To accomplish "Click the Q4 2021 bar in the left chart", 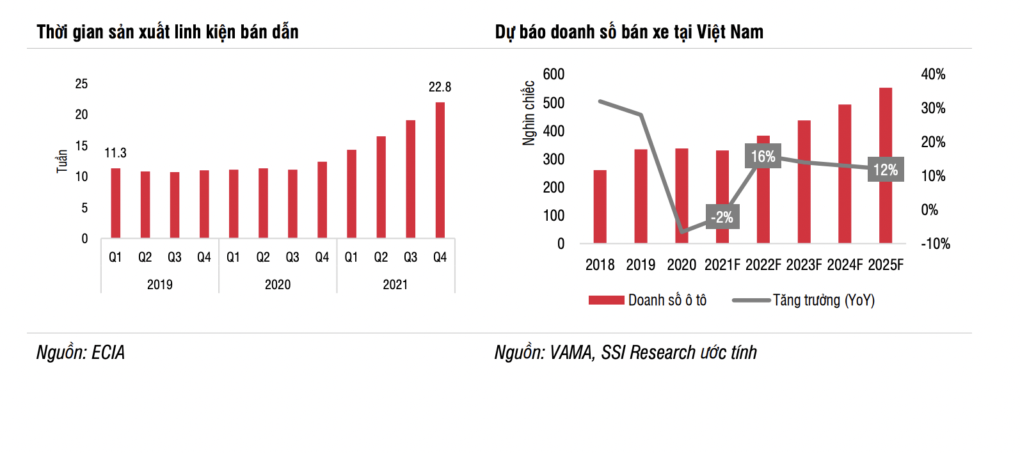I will click(x=440, y=170).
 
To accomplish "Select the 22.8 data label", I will click(x=440, y=87).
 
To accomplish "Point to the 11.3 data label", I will click(x=115, y=153).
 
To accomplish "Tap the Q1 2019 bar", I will click(x=115, y=203).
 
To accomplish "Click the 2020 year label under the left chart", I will click(x=278, y=285).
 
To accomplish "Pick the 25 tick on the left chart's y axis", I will click(x=81, y=84).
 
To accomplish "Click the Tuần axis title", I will click(x=62, y=161).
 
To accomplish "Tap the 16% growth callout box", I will click(x=763, y=157).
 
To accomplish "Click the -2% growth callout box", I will click(x=722, y=217).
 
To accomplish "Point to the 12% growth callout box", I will click(x=886, y=170).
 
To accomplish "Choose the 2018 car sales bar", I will click(x=600, y=207).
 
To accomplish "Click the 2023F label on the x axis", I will click(x=804, y=265).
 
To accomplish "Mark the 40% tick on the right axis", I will click(x=933, y=74).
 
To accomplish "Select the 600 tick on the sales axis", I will click(x=554, y=74).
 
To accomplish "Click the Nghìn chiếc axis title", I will click(x=529, y=113).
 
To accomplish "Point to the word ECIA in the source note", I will click(x=108, y=353).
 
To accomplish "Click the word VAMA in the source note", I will click(x=571, y=353).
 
